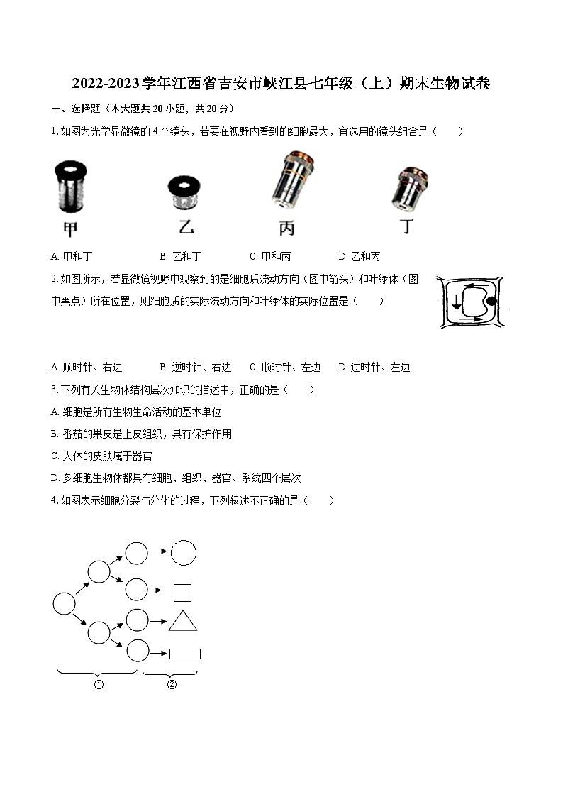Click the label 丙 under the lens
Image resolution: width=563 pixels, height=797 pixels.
pos(286,229)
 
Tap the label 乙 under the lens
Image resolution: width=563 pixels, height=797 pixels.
pos(186,228)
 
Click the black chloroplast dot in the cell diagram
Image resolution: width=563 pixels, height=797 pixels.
pos(491,302)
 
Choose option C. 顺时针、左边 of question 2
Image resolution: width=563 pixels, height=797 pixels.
pos(285,367)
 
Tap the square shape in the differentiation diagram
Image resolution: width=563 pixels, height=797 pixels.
pos(183,592)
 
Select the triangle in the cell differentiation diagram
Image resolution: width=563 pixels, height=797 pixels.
pos(183,622)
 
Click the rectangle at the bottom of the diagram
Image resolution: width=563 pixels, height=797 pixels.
pos(184,654)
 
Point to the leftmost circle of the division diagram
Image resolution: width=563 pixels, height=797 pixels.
pos(64,604)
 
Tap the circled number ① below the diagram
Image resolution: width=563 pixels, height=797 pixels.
pos(99,685)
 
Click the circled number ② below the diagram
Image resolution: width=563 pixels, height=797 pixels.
pos(171,685)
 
